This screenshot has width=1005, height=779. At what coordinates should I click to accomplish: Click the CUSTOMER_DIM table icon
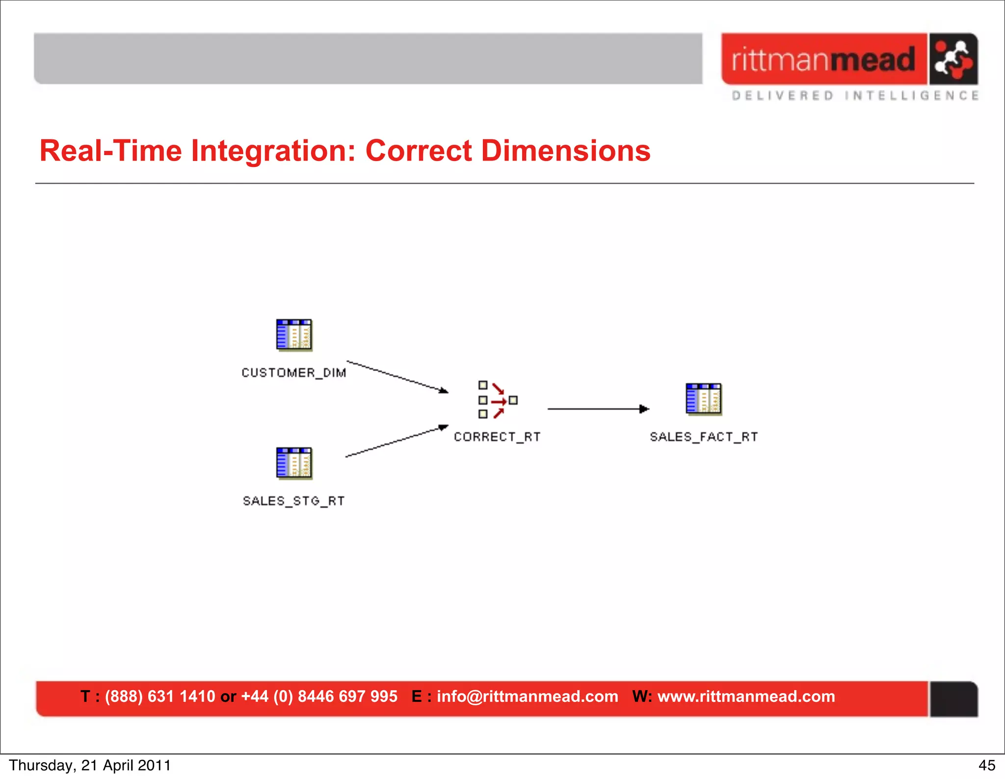[294, 335]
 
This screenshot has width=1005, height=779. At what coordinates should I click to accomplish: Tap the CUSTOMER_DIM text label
[294, 373]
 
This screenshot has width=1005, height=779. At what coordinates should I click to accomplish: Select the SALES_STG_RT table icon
[294, 463]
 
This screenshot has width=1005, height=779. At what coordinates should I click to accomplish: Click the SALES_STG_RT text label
[294, 501]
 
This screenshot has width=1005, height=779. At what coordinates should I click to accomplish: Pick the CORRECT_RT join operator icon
[497, 400]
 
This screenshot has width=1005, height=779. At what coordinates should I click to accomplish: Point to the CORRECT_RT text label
[497, 437]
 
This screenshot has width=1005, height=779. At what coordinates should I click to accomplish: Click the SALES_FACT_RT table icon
[704, 399]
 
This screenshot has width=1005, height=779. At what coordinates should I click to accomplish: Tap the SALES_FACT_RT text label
[704, 437]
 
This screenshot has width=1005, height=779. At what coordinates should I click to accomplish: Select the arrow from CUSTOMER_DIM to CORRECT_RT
[397, 377]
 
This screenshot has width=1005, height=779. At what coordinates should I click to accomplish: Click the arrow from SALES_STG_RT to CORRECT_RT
[397, 441]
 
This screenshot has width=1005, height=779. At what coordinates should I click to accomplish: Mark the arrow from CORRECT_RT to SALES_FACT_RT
[598, 408]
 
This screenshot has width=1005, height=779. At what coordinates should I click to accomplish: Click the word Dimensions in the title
[565, 150]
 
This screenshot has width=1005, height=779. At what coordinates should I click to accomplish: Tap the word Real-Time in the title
[111, 150]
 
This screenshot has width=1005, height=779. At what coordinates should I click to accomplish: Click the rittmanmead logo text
[823, 59]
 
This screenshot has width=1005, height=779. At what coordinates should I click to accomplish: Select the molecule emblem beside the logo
[953, 59]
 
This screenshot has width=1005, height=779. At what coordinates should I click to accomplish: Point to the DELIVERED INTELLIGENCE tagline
[855, 95]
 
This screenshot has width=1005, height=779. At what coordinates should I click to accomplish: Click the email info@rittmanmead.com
[527, 696]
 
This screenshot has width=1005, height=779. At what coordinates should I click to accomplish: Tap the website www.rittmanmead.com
[746, 696]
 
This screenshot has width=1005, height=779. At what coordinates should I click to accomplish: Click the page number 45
[987, 765]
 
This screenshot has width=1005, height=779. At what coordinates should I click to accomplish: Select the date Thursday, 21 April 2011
[90, 765]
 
